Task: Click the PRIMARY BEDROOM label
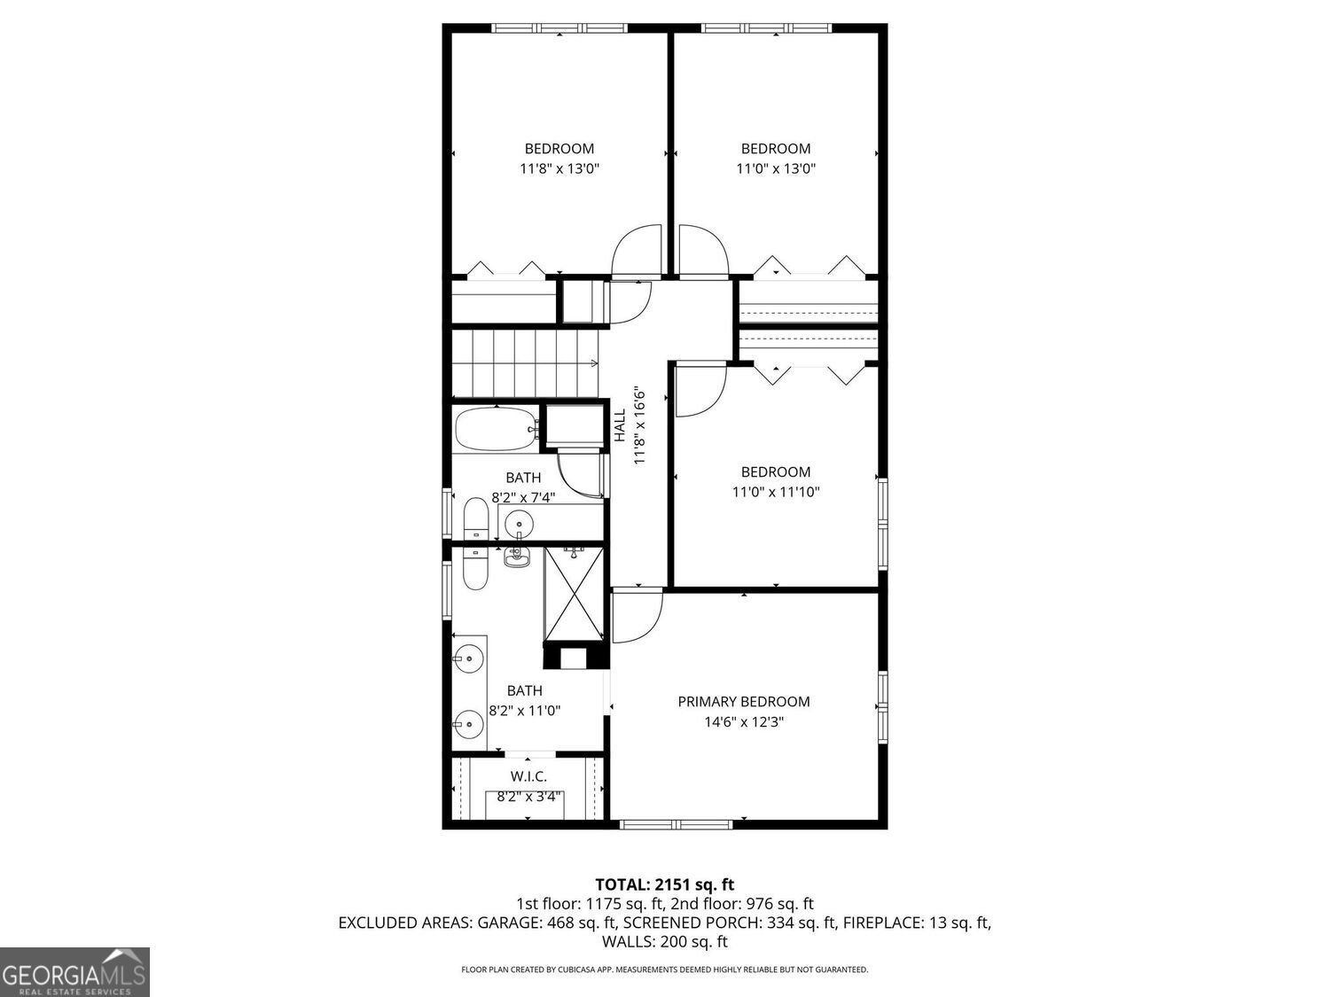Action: point(743,702)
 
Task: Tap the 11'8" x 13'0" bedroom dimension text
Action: point(559,168)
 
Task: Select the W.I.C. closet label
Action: point(528,776)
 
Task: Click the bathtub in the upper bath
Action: point(497,429)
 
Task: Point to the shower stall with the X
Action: point(573,593)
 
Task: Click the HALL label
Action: point(619,425)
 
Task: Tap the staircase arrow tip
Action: point(598,363)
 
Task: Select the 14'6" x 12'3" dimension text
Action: point(743,721)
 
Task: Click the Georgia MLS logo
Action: point(74,970)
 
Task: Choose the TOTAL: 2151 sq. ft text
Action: point(665,884)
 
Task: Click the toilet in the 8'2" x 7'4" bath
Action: point(475,519)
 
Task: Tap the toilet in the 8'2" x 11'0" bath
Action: point(475,568)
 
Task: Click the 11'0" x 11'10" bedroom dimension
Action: point(776,492)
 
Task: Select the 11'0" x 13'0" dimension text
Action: point(776,168)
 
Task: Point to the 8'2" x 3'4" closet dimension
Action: point(529,797)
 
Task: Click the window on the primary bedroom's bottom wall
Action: point(676,824)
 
